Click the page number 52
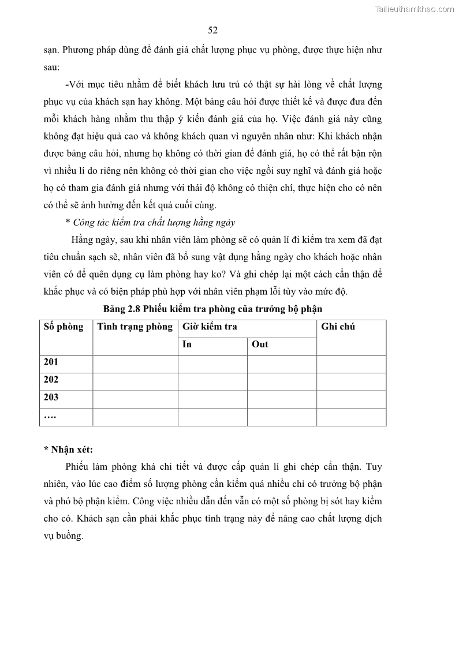[212, 31]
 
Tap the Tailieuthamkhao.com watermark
[414, 9]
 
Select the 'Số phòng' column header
[64, 327]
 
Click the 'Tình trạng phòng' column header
[135, 327]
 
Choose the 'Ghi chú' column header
[338, 327]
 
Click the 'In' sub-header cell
[187, 344]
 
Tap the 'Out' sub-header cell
[260, 344]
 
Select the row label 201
[51, 362]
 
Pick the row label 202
[51, 380]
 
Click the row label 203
[51, 397]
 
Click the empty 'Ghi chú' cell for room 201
[351, 364]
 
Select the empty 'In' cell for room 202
[212, 381]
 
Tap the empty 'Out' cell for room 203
[282, 399]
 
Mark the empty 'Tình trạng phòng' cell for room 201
[135, 364]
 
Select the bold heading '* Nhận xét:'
[68, 450]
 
